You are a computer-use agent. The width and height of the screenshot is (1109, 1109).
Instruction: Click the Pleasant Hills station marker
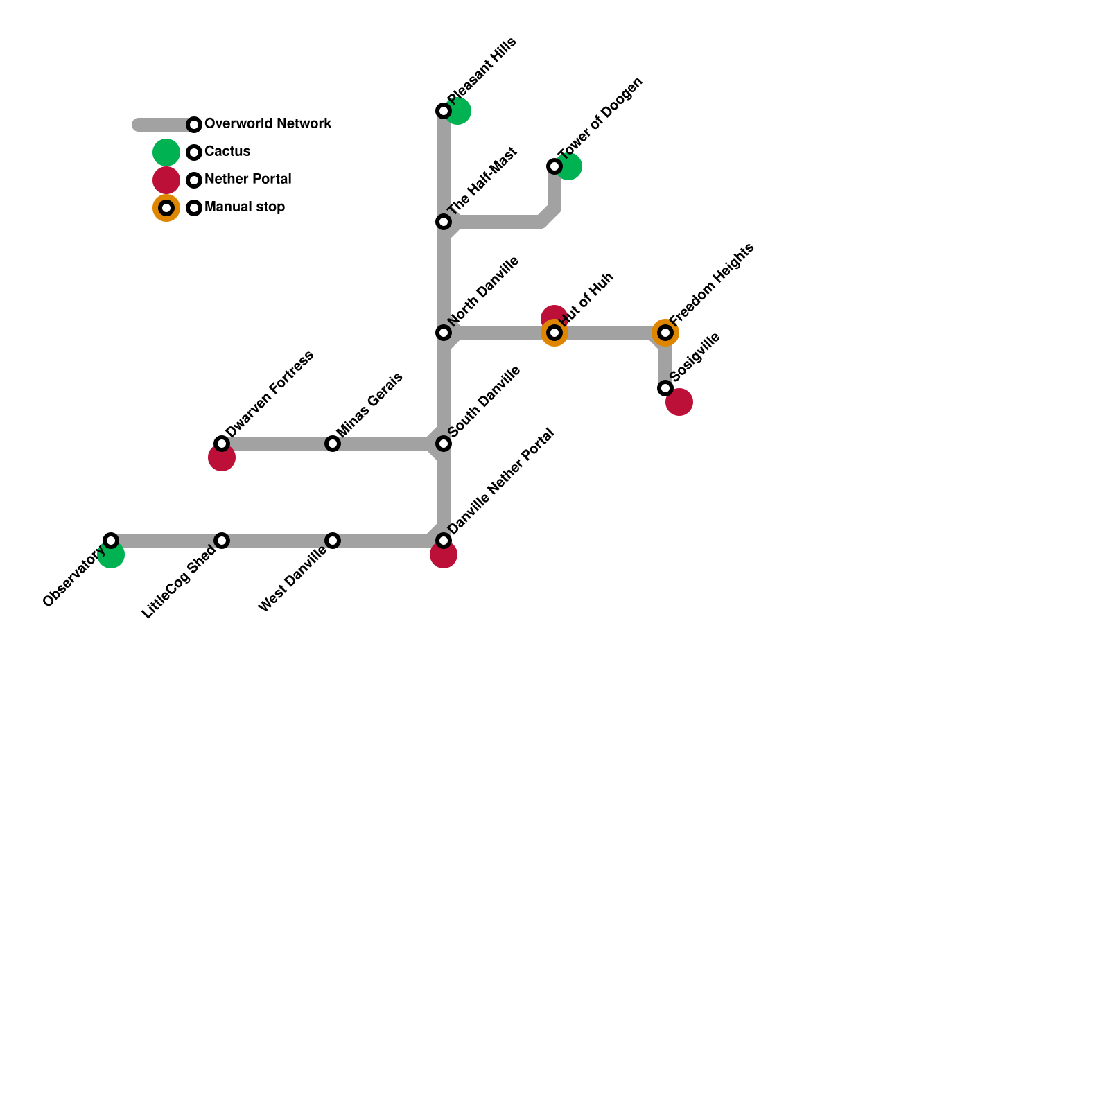point(444,111)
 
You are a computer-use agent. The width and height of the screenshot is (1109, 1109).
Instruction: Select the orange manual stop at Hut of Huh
point(554,333)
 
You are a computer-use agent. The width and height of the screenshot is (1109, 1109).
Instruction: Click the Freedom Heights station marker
point(665,333)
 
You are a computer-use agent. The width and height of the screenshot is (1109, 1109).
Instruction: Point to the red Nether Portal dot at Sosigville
point(680,402)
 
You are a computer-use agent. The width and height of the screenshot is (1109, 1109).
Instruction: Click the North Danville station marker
point(444,333)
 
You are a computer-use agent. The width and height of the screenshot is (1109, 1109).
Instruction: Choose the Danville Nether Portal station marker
point(444,541)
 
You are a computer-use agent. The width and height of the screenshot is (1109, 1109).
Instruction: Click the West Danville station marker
point(333,541)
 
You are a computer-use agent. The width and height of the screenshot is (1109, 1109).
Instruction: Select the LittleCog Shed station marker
point(222,541)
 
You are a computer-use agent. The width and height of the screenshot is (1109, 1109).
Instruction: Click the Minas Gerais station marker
point(333,444)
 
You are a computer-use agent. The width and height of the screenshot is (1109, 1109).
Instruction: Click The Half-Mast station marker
point(444,222)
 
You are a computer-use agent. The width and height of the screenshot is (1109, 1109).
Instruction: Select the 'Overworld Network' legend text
point(268,124)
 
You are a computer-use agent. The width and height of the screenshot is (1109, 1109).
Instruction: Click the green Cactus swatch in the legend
point(166,152)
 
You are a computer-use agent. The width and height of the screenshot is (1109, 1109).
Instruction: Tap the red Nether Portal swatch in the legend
point(166,180)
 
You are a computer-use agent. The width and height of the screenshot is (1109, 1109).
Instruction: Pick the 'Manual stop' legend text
point(245,207)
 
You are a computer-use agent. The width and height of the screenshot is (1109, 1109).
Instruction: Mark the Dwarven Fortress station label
point(270,394)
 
